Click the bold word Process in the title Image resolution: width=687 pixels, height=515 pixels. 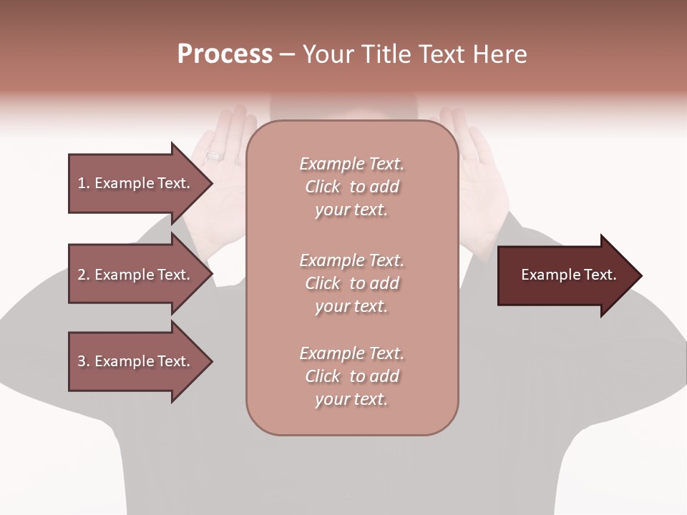pyautogui.click(x=225, y=54)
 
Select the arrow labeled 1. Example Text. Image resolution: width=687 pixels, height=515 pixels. pyautogui.click(x=134, y=183)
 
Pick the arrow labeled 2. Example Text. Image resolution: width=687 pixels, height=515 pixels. pyautogui.click(x=134, y=275)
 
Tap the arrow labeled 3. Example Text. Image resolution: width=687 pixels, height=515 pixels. pyautogui.click(x=134, y=361)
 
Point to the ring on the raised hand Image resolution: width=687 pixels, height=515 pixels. pyautogui.click(x=215, y=155)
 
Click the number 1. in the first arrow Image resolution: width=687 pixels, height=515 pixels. pyautogui.click(x=84, y=183)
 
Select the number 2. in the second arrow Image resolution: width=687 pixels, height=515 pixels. pyautogui.click(x=84, y=275)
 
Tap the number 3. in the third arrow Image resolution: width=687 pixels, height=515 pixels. pyautogui.click(x=84, y=361)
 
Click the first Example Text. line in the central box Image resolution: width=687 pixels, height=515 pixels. pyautogui.click(x=351, y=164)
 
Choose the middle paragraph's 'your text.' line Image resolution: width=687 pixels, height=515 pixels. pyautogui.click(x=351, y=306)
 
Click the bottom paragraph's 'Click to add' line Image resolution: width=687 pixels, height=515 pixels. pyautogui.click(x=351, y=376)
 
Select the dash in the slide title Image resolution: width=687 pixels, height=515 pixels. pyautogui.click(x=287, y=54)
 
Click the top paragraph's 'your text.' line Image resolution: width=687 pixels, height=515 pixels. pyautogui.click(x=351, y=210)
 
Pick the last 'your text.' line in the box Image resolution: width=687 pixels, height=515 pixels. pyautogui.click(x=351, y=399)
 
